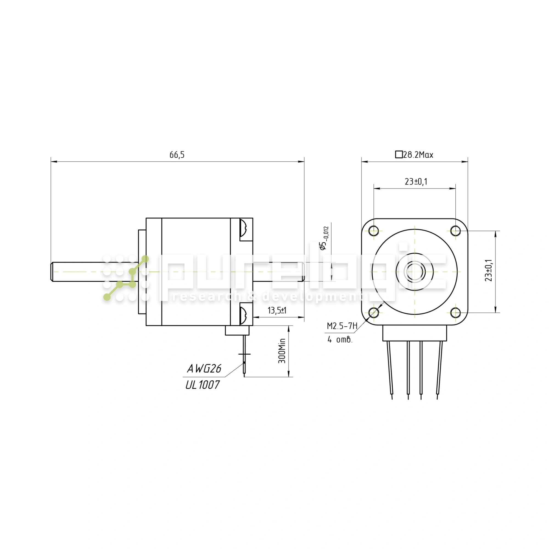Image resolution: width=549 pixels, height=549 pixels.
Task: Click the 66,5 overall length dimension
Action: [177, 155]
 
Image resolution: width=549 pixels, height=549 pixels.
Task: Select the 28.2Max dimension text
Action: [418, 155]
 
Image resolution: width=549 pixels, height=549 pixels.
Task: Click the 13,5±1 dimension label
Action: [277, 310]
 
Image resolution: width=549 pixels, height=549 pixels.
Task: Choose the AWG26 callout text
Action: [204, 369]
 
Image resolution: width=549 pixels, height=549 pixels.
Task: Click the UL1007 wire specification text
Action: [202, 385]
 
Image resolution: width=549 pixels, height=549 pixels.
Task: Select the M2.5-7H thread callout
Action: [342, 326]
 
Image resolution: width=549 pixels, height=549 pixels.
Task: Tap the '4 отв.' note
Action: [340, 340]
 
